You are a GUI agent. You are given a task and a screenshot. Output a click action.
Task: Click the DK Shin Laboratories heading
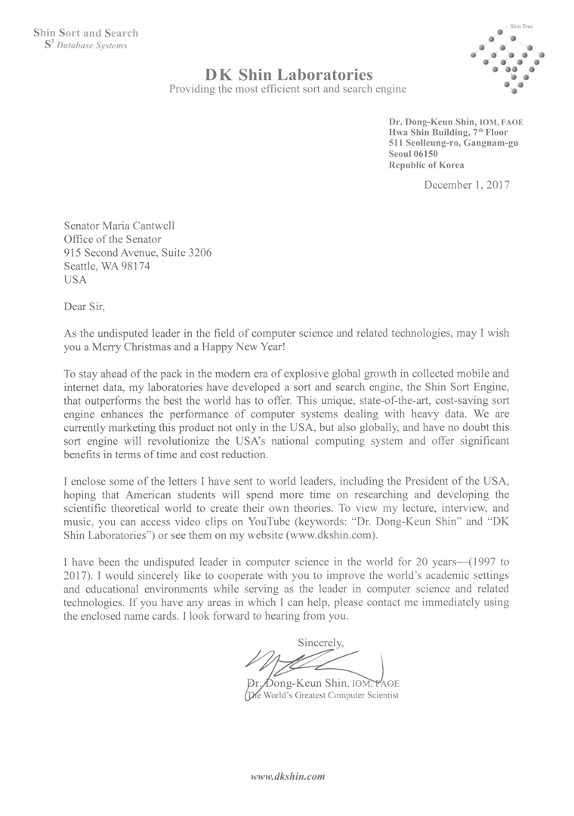289,74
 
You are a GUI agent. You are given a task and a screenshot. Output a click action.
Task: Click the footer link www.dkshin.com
287,775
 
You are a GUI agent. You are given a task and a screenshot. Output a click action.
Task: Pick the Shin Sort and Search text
85,33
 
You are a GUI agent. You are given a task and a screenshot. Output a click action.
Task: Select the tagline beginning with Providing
288,89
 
